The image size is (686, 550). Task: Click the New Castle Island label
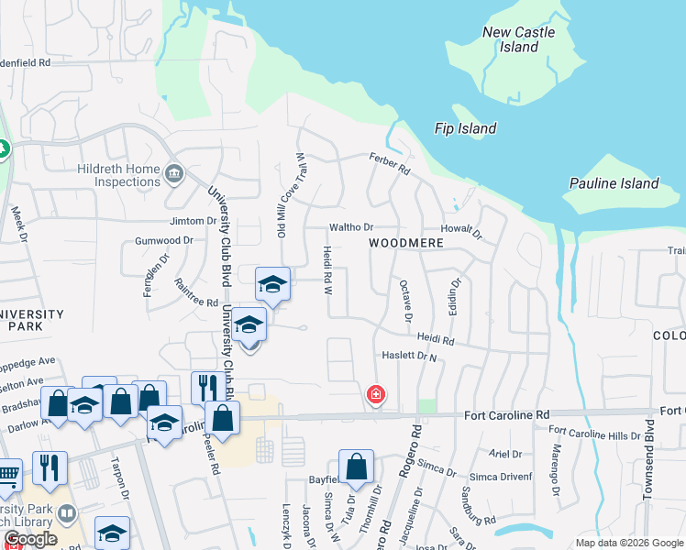click(518, 39)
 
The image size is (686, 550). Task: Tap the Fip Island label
click(466, 129)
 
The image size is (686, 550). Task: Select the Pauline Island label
click(614, 183)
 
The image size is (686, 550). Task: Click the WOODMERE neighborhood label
click(406, 243)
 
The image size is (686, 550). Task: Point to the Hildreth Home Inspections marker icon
click(173, 173)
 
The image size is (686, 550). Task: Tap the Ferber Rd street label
click(390, 166)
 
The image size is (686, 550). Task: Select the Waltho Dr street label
click(352, 227)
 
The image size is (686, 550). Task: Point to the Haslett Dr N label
click(408, 355)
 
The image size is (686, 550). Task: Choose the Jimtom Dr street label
click(192, 221)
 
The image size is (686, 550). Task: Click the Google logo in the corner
click(30, 539)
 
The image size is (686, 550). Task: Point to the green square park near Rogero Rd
click(426, 405)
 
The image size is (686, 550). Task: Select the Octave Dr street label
click(405, 302)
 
